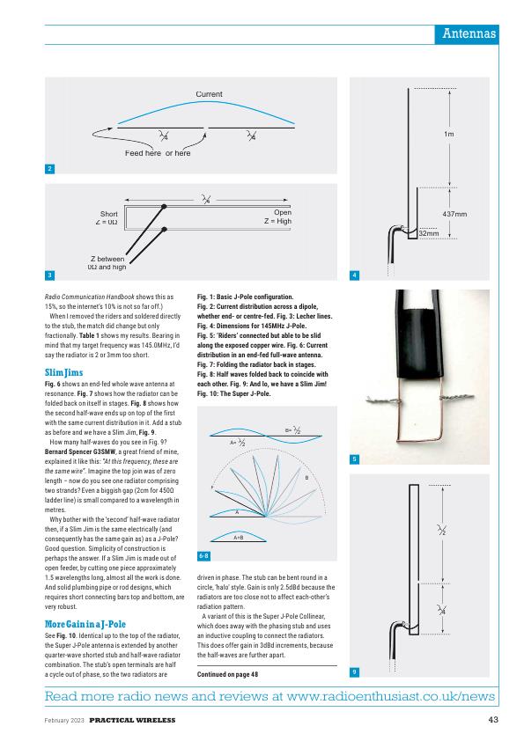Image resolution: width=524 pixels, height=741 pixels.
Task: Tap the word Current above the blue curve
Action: pyautogui.click(x=209, y=94)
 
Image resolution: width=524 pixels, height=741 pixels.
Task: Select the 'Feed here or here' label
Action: pyautogui.click(x=158, y=153)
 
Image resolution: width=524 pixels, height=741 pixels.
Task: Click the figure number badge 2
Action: pyautogui.click(x=49, y=169)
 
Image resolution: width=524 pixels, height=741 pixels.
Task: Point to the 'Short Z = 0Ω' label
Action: pyautogui.click(x=107, y=218)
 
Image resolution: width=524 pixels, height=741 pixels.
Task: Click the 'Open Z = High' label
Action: pyautogui.click(x=277, y=216)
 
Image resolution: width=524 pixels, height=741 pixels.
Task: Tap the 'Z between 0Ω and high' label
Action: pyautogui.click(x=107, y=263)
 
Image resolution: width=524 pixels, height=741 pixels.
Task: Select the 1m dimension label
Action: pyautogui.click(x=449, y=135)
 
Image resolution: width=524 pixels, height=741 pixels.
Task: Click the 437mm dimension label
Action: pyautogui.click(x=454, y=214)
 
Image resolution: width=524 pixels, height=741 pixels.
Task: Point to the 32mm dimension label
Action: pyautogui.click(x=429, y=233)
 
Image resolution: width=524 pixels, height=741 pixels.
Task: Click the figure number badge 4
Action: pyautogui.click(x=354, y=275)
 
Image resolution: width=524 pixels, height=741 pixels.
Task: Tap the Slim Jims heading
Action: pyautogui.click(x=63, y=373)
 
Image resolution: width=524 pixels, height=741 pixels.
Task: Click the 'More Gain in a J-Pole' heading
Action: pyautogui.click(x=85, y=624)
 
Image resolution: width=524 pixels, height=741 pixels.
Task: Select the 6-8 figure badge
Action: pyautogui.click(x=203, y=556)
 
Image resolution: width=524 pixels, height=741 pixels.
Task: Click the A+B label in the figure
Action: pyautogui.click(x=239, y=538)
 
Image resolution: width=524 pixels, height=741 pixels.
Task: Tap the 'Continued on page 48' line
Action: pyautogui.click(x=227, y=674)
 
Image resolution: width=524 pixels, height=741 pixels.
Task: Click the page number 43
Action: pyautogui.click(x=493, y=720)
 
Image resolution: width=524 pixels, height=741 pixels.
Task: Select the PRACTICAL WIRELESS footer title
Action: pyautogui.click(x=132, y=720)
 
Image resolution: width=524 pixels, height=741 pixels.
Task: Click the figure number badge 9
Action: pyautogui.click(x=354, y=672)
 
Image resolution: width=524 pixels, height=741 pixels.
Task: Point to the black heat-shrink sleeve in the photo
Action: pyautogui.click(x=418, y=334)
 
